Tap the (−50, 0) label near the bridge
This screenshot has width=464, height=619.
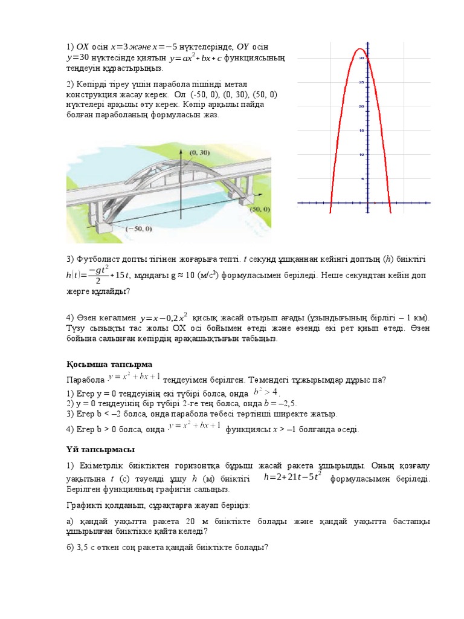(139, 229)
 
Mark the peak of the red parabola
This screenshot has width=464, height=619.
(359, 49)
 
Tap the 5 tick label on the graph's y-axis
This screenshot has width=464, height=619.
(362, 179)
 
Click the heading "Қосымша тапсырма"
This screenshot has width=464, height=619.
(109, 364)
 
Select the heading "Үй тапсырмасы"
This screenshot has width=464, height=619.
(100, 450)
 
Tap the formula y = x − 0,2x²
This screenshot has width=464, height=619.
(164, 317)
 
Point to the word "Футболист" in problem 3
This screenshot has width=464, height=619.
(95, 259)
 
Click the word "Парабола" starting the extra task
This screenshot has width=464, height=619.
(85, 380)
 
